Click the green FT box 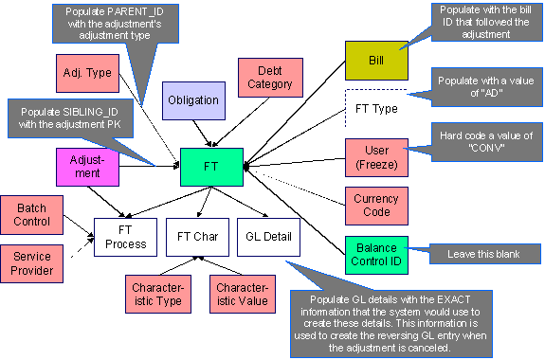pyautogui.click(x=210, y=166)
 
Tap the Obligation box pyautogui.click(x=193, y=100)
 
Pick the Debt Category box pyautogui.click(x=271, y=78)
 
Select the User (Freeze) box pyautogui.click(x=375, y=156)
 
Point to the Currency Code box pyautogui.click(x=375, y=207)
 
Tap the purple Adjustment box pyautogui.click(x=87, y=167)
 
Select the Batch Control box pyautogui.click(x=30, y=216)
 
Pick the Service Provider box pyautogui.click(x=30, y=262)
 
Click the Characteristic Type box pyautogui.click(x=156, y=293)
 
